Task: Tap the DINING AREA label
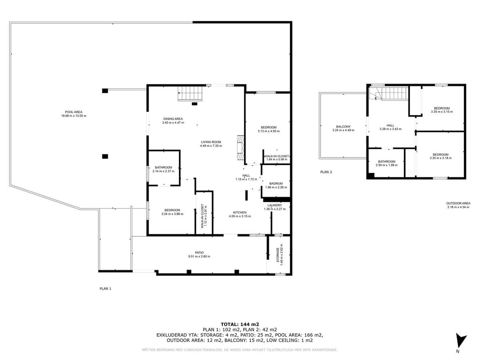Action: pyautogui.click(x=173, y=119)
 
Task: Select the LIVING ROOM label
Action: pyautogui.click(x=211, y=142)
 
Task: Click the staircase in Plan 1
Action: pyautogui.click(x=191, y=94)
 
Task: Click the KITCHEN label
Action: pyautogui.click(x=240, y=212)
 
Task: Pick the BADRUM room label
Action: pyautogui.click(x=276, y=184)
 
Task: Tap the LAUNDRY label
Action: pyautogui.click(x=275, y=205)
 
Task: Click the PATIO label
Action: pyautogui.click(x=199, y=252)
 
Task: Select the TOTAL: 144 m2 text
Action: pyautogui.click(x=240, y=324)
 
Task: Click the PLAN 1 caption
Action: pyautogui.click(x=105, y=288)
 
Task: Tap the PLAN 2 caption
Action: pyautogui.click(x=326, y=172)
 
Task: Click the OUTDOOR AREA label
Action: pyautogui.click(x=458, y=203)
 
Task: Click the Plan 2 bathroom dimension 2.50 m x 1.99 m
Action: pyautogui.click(x=386, y=165)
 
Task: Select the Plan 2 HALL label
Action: pyautogui.click(x=390, y=125)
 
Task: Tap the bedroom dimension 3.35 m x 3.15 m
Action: pyautogui.click(x=442, y=112)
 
